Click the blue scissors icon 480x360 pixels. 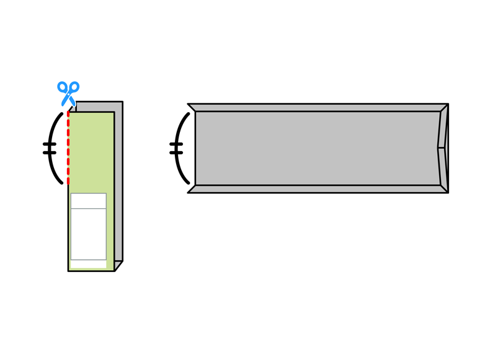pos(69,94)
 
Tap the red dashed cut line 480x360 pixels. pos(68,149)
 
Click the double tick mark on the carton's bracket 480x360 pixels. pos(49,148)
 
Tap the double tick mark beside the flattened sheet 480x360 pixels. pos(176,148)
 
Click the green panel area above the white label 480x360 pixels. pos(92,152)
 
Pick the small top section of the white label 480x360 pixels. pos(88,201)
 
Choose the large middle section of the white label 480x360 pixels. pos(88,234)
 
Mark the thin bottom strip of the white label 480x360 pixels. pos(88,264)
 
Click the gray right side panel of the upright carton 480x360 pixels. pos(118,186)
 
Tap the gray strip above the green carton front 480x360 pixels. pos(99,106)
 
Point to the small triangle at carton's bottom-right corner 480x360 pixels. pos(118,267)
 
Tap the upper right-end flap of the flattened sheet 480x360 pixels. pos(443,129)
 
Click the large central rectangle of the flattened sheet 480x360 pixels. pos(316,148)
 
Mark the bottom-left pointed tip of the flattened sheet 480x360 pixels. pos(190,191)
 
